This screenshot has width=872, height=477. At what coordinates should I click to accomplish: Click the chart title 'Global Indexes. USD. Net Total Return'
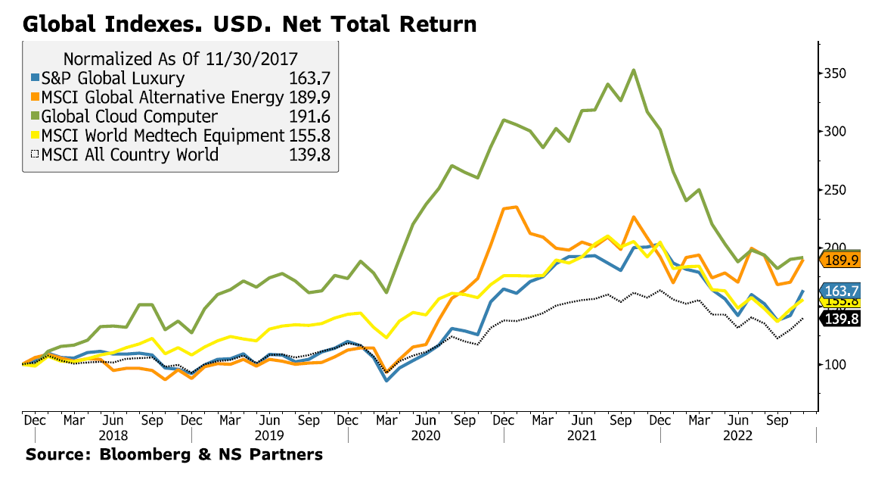point(250,23)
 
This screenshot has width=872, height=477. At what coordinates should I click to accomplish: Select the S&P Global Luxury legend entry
point(113,78)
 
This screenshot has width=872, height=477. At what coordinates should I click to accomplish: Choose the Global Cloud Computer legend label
point(129,117)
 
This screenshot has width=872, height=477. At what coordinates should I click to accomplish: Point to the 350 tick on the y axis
point(836,73)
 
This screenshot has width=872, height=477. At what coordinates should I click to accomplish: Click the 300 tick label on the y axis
point(836,132)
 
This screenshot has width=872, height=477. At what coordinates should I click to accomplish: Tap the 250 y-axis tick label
point(836,190)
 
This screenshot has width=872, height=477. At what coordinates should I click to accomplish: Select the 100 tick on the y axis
point(836,365)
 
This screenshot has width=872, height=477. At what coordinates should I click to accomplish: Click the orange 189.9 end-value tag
point(843,260)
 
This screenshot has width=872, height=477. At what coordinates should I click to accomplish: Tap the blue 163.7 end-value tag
point(843,291)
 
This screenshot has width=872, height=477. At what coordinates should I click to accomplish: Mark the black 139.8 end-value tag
point(843,320)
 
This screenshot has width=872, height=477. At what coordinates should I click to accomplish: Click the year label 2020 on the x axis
point(427,436)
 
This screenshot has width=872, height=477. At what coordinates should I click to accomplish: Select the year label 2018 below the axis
point(113,436)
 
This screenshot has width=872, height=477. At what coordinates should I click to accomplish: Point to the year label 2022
point(737,436)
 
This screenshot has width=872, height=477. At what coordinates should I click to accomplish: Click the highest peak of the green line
point(633,70)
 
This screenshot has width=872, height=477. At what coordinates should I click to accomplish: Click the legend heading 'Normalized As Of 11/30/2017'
point(180,59)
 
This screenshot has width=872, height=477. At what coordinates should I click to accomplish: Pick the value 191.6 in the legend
point(311,117)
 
